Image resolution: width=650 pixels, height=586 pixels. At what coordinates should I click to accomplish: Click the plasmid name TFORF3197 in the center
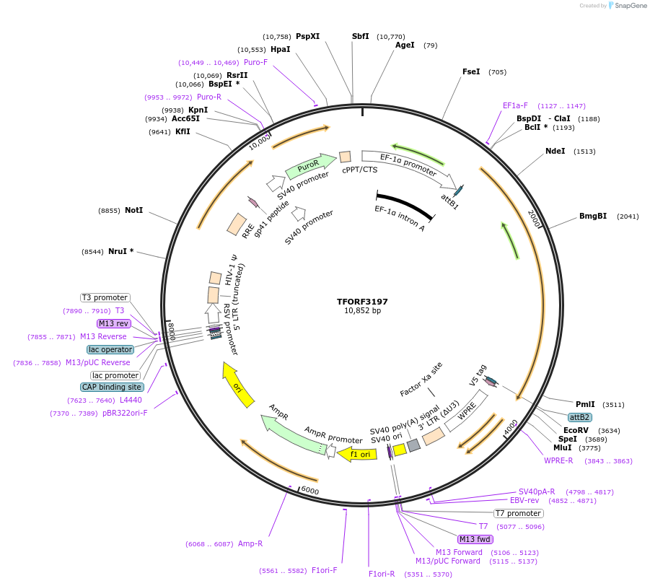point(362,301)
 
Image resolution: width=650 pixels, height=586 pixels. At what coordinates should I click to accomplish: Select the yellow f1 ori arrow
point(359,454)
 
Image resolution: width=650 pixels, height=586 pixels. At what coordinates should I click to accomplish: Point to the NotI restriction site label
point(133,210)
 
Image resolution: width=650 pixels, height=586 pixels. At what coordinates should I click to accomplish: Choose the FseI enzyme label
point(471,71)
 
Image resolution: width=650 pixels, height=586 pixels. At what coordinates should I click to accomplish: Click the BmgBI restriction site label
point(593,216)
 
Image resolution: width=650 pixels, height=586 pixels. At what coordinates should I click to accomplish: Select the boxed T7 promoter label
point(518,513)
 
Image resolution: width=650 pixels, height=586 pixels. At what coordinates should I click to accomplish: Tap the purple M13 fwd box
point(475,539)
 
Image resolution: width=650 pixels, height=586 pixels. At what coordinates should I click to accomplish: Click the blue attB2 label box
point(579,417)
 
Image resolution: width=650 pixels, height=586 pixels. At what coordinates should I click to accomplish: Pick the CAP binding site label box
point(112,387)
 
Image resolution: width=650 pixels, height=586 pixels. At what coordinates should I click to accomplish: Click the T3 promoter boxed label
point(105,297)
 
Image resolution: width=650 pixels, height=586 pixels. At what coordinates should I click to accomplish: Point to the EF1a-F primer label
point(515,105)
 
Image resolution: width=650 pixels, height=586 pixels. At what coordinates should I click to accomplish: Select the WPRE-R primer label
point(558,460)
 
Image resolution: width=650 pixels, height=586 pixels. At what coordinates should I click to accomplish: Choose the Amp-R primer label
point(250,543)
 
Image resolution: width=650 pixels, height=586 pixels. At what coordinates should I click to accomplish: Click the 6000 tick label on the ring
point(310,490)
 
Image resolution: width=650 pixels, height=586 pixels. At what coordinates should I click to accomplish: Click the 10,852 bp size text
point(362,311)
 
